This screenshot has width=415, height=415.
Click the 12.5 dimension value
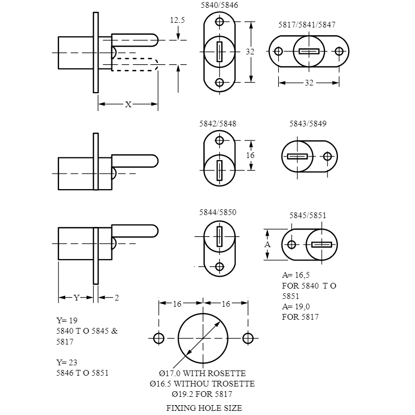click(x=177, y=20)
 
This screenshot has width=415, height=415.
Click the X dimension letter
click(x=128, y=105)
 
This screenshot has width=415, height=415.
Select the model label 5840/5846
click(x=219, y=5)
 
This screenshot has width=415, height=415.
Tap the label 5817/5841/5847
click(x=307, y=25)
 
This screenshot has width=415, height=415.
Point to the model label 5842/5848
click(x=218, y=124)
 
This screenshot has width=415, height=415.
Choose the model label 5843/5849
click(x=308, y=124)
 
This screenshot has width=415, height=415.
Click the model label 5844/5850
click(x=218, y=212)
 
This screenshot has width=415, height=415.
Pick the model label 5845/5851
click(x=308, y=216)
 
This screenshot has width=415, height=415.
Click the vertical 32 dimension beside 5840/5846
click(x=250, y=52)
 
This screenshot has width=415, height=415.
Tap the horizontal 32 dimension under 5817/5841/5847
click(x=309, y=83)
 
